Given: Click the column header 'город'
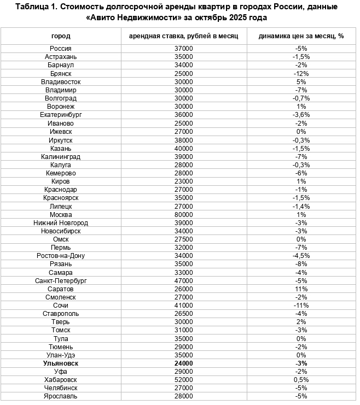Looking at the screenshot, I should pos(61,36).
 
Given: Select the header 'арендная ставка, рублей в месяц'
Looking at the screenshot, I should pos(184,36).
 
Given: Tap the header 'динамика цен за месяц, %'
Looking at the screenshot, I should pos(301,36).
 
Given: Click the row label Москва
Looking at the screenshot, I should pos(61,215).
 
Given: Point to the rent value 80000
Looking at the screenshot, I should pos(184,215).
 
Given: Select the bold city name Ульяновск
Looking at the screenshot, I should pos(61,363).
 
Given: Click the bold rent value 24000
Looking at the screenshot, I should pos(184,363).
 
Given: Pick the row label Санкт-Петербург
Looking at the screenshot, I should pos(61,280).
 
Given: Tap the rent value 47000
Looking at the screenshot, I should pos(184,280).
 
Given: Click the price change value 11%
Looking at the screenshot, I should pos(301,289).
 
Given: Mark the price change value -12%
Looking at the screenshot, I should pos(301,73).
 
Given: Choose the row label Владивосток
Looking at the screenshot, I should pos(61,81).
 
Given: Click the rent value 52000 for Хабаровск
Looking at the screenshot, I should pos(184,379).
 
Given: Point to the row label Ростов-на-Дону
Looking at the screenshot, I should pos(61,256).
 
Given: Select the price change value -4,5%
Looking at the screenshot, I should pos(301,256).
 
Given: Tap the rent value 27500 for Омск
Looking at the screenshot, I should pos(184,239).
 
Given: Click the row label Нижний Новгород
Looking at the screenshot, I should pos(61,223).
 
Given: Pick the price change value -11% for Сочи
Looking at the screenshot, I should pos(301,305).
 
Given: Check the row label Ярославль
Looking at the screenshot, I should pos(61,396).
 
